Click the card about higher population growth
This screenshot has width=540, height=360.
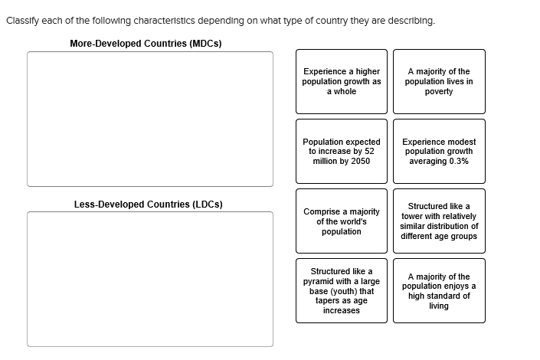(x=342, y=81)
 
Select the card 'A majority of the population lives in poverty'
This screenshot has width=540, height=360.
(x=439, y=81)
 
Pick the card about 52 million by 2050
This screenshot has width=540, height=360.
(x=342, y=151)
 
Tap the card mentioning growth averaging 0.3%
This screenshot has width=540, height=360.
(x=439, y=151)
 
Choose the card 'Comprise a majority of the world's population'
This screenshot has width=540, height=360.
(x=342, y=221)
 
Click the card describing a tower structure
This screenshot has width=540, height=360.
(x=439, y=221)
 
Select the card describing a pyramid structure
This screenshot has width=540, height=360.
(x=342, y=290)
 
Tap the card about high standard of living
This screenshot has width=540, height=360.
(x=439, y=290)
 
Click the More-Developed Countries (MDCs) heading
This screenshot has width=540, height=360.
(x=146, y=44)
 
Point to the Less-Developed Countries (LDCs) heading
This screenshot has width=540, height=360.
(x=149, y=205)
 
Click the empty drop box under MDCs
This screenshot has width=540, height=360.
(x=150, y=119)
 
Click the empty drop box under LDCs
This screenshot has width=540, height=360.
(x=150, y=279)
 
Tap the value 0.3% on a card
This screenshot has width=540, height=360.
(x=459, y=162)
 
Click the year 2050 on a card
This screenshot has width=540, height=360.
(x=359, y=162)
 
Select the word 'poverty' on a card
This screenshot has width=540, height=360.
(x=439, y=92)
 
